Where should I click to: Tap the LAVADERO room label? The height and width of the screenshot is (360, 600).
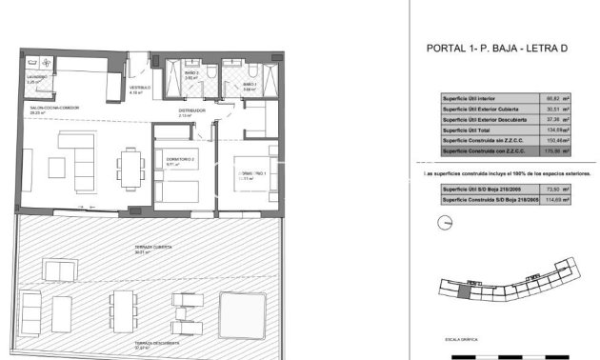38,80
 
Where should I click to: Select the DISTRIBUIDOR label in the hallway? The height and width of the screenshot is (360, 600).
193,110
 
